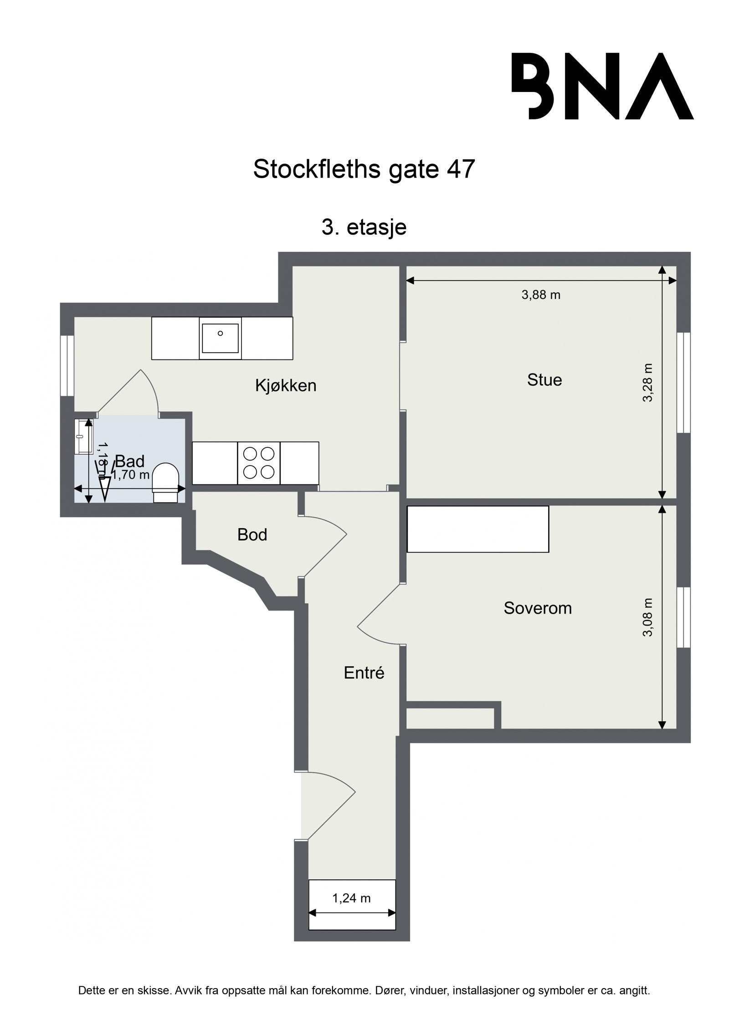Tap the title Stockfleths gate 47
point(364,169)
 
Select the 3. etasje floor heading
point(364,227)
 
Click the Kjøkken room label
point(286,385)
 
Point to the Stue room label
point(544,380)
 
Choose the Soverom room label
point(538,608)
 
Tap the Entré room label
point(364,672)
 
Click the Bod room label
point(252,534)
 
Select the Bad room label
point(130,461)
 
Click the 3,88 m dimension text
point(541,295)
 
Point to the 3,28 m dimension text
point(647,382)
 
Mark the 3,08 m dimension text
point(647,617)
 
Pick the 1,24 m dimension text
point(351,898)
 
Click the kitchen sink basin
point(220,338)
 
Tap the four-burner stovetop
point(259,463)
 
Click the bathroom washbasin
point(83,437)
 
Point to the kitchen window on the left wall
point(67,366)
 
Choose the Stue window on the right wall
point(683,382)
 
